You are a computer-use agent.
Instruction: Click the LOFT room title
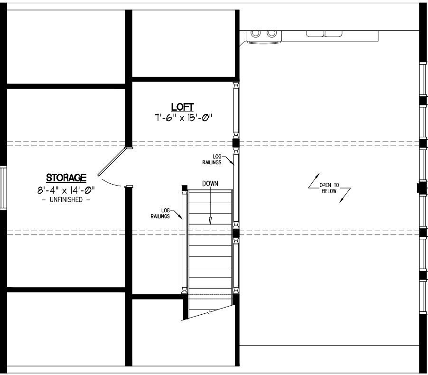182,107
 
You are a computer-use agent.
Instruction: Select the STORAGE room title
66,178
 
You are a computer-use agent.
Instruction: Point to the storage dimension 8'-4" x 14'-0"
66,190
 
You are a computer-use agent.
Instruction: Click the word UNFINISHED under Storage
66,200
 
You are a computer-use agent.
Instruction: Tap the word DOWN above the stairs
210,184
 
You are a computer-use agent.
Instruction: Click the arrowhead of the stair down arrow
210,220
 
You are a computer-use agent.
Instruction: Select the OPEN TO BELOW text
329,188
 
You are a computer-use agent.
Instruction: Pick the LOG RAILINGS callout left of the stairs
160,213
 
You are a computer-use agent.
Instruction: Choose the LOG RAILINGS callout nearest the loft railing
212,159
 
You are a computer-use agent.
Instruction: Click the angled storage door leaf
112,161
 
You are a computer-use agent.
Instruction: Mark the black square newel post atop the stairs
185,187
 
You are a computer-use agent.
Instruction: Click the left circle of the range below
255,33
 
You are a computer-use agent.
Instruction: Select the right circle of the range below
271,33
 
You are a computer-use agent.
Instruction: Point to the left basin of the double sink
315,34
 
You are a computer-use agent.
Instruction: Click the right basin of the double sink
333,34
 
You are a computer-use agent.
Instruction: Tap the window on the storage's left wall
3,187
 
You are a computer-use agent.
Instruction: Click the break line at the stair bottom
209,312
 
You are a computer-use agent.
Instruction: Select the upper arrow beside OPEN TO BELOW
314,180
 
